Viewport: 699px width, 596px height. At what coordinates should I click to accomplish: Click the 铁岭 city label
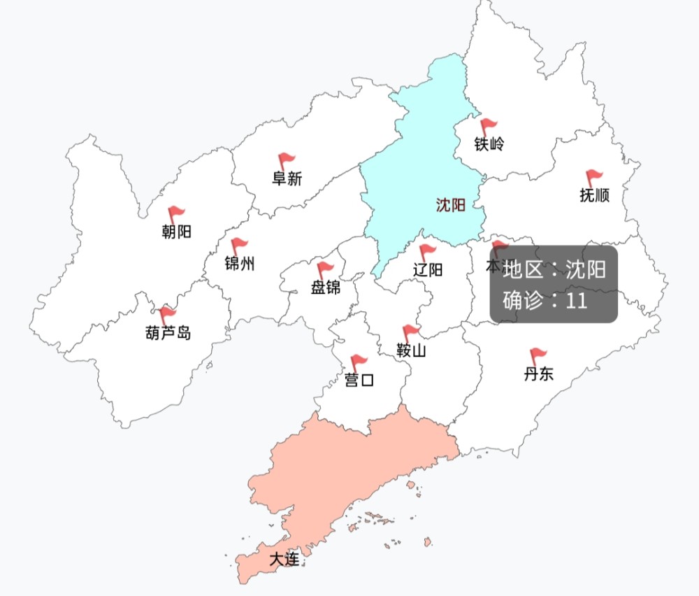click(489, 145)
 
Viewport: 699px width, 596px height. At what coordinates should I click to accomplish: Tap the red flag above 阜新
click(286, 161)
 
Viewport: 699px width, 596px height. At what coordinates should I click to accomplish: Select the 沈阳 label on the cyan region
click(451, 205)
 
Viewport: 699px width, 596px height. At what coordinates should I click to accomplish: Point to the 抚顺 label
click(594, 195)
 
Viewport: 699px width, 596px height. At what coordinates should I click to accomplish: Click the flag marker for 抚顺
click(593, 177)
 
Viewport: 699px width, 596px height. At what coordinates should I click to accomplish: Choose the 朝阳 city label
click(176, 232)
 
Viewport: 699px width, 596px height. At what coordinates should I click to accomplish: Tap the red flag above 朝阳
click(175, 213)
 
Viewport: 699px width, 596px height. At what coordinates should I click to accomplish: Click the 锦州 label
click(239, 264)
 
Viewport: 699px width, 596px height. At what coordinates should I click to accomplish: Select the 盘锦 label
click(325, 287)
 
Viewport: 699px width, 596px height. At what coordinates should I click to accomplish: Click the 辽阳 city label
click(427, 269)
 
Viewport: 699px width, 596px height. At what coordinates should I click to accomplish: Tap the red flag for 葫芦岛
click(167, 314)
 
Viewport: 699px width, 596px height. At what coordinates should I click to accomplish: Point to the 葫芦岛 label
click(167, 333)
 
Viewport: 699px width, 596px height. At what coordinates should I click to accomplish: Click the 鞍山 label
click(411, 350)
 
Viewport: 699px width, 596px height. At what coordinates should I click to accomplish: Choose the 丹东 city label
click(538, 374)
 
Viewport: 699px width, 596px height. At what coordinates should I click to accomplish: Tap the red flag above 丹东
click(538, 356)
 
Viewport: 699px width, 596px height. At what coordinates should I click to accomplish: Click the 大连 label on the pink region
click(284, 559)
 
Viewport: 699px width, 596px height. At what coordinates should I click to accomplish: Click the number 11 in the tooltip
click(576, 301)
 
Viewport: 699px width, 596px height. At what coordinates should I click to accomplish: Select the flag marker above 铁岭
click(488, 127)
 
